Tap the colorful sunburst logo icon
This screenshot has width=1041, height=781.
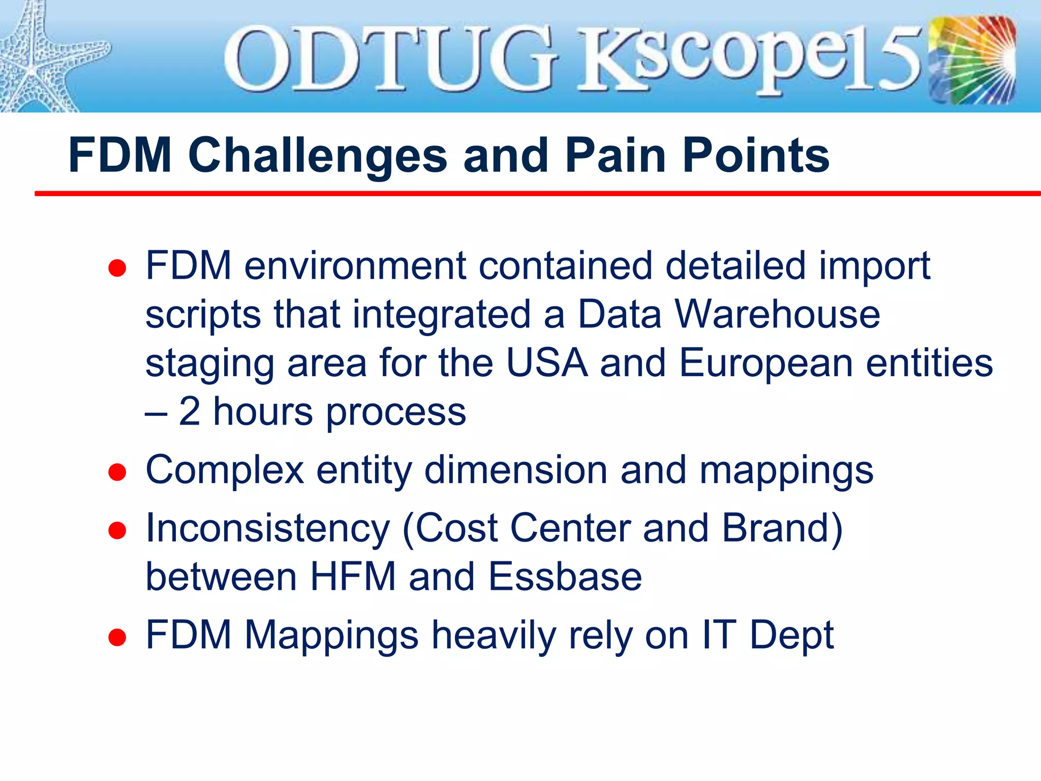click(x=972, y=60)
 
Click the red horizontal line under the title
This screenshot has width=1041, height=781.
click(x=534, y=194)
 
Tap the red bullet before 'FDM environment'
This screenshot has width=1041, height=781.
click(x=117, y=268)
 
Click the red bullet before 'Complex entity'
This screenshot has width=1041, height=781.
click(x=117, y=472)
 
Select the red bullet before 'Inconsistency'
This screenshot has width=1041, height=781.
click(x=117, y=531)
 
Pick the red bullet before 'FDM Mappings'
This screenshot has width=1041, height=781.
click(x=117, y=638)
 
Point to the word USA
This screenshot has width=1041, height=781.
click(x=547, y=363)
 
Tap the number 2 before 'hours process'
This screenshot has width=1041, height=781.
click(x=190, y=411)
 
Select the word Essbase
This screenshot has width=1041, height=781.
click(x=565, y=577)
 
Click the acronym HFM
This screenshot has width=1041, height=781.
click(x=353, y=577)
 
